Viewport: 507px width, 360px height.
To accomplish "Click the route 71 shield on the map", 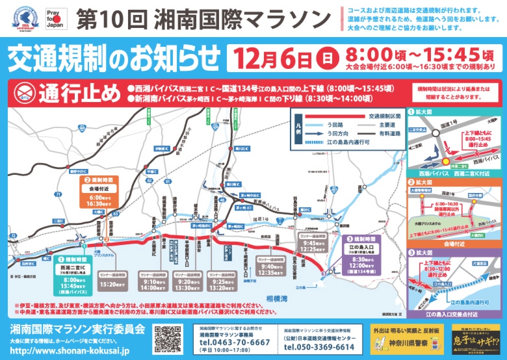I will tap(58, 194).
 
